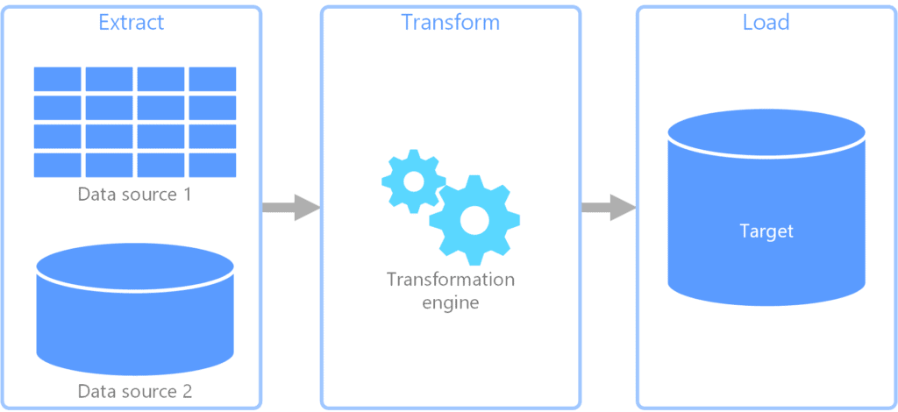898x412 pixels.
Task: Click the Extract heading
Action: click(131, 22)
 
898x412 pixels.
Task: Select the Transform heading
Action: click(450, 22)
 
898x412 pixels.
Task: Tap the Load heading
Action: click(766, 22)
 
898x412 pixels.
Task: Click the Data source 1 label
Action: click(134, 194)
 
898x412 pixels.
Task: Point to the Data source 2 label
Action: click(134, 390)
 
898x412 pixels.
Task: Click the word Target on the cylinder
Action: click(766, 231)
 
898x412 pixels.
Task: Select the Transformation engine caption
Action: click(450, 291)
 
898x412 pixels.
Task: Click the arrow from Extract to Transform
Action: click(290, 208)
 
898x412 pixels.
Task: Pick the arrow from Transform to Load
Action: click(608, 208)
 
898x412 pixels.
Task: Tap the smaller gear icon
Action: click(412, 181)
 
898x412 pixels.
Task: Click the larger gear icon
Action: click(474, 220)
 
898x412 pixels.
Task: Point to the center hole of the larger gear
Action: click(474, 220)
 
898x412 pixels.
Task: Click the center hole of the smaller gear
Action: click(412, 181)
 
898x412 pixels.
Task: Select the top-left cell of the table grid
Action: click(58, 79)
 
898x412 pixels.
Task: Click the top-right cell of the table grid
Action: click(212, 79)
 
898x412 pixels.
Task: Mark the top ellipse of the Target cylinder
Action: click(766, 131)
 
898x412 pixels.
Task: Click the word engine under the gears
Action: click(450, 302)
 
